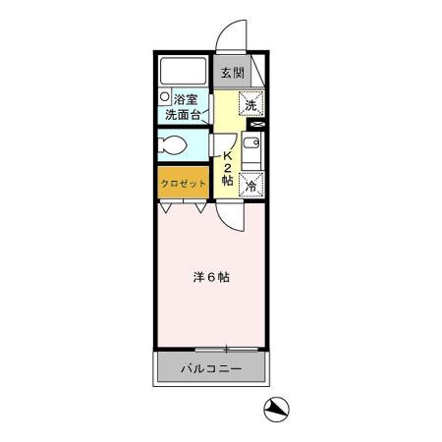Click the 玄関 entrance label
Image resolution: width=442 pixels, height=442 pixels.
[x=231, y=73]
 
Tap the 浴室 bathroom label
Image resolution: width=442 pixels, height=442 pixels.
[x=186, y=99]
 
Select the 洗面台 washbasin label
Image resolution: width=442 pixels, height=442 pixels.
[x=184, y=114]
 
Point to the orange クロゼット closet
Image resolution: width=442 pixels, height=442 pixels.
[x=184, y=183]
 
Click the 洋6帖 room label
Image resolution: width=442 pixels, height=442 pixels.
[x=210, y=277]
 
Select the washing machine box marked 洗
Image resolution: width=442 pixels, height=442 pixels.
[x=250, y=104]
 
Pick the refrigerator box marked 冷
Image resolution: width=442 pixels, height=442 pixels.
[x=251, y=183]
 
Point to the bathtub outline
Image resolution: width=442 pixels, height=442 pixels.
[x=185, y=71]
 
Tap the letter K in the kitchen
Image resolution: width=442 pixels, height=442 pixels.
[x=228, y=154]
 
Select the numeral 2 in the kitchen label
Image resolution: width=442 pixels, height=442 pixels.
[x=228, y=167]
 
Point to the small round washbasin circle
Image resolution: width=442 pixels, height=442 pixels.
[x=166, y=97]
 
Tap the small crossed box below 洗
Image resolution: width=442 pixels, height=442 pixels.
[x=257, y=126]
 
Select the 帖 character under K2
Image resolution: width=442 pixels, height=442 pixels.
[x=228, y=181]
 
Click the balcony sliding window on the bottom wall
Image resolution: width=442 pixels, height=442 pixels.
[x=226, y=349]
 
